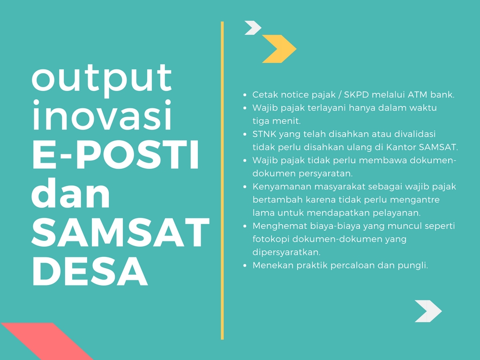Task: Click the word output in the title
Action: point(101,81)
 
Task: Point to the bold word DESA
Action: point(90,271)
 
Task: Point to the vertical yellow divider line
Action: point(222,180)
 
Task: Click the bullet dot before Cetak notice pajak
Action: point(245,95)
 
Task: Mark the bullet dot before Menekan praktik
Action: point(245,266)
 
